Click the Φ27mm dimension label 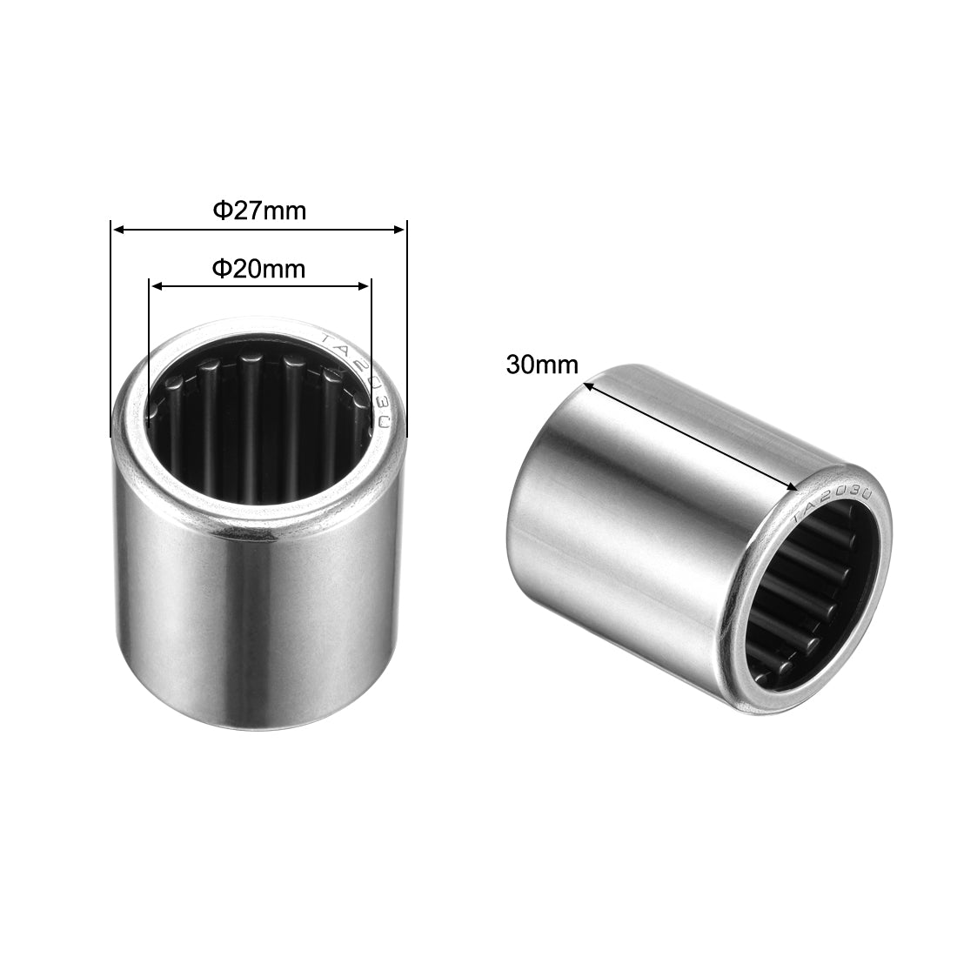tap(259, 211)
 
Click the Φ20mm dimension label tap(259, 269)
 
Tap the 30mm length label tap(542, 365)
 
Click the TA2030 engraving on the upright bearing tap(361, 378)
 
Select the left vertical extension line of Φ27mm tap(110, 331)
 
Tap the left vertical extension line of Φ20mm tap(149, 348)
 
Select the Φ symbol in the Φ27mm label tap(222, 211)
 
